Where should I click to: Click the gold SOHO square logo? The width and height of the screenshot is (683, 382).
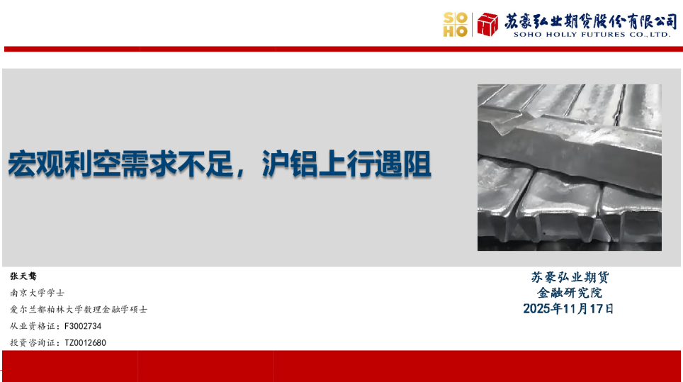(x=455, y=25)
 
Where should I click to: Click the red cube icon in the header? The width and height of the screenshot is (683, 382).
(x=487, y=25)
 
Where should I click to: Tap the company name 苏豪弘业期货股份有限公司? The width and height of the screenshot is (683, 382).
(x=590, y=21)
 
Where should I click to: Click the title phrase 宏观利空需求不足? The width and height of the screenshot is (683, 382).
(x=118, y=164)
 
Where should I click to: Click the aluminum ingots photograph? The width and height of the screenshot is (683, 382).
(x=569, y=167)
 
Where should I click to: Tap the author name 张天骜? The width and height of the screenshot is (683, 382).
(x=23, y=276)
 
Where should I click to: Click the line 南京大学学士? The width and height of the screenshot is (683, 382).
(x=37, y=292)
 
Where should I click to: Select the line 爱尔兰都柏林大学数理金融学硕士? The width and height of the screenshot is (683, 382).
(x=79, y=310)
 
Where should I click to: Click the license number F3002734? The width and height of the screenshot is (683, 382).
(x=83, y=326)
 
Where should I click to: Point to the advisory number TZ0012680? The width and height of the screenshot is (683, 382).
(x=85, y=343)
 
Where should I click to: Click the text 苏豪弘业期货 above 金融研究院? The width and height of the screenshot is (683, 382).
(x=569, y=277)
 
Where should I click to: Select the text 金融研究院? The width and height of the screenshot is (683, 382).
(x=569, y=293)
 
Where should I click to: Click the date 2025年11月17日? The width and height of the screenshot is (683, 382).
(x=569, y=309)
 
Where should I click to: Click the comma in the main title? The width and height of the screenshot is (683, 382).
(x=245, y=170)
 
